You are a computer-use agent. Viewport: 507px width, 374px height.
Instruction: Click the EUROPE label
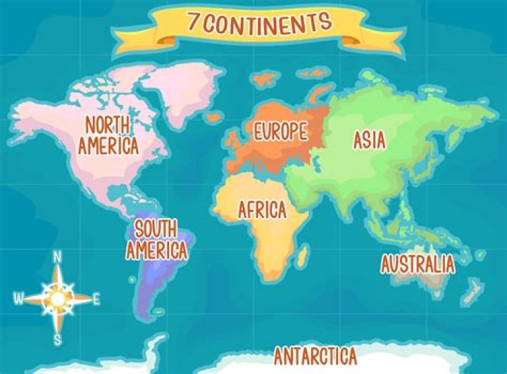(281, 130)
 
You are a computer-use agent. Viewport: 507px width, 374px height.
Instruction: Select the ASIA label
(369, 140)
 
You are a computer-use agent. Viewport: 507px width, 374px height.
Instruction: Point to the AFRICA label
(262, 209)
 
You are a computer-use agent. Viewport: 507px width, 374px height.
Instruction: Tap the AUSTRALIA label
(418, 264)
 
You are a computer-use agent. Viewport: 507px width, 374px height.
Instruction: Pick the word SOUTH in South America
(156, 229)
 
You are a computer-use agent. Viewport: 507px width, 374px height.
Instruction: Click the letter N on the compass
(58, 257)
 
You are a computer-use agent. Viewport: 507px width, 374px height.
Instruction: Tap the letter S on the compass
(58, 340)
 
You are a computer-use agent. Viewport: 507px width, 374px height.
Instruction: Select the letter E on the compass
(96, 298)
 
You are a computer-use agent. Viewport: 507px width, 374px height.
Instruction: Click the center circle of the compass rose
(58, 298)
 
